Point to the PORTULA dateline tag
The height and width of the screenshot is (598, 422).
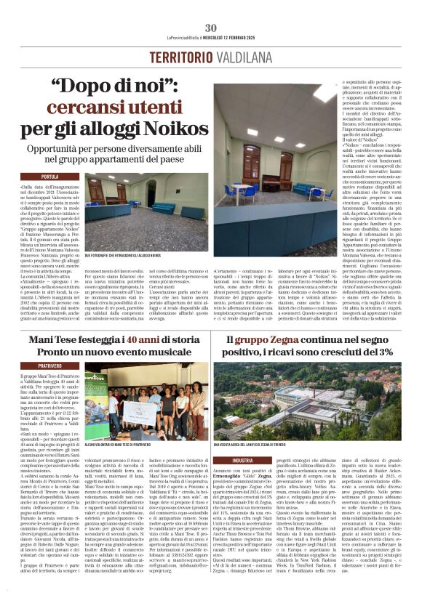tap(50, 177)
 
